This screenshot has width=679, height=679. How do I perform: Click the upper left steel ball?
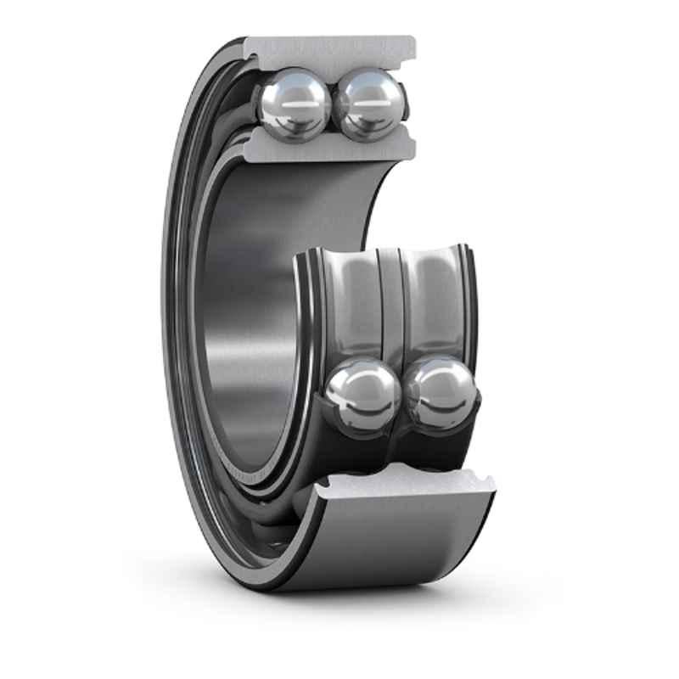click(295, 104)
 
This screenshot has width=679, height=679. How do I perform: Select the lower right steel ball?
click(441, 393)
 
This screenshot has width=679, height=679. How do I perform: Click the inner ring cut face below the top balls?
click(331, 149)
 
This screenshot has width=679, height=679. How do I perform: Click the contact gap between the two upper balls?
click(333, 106)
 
